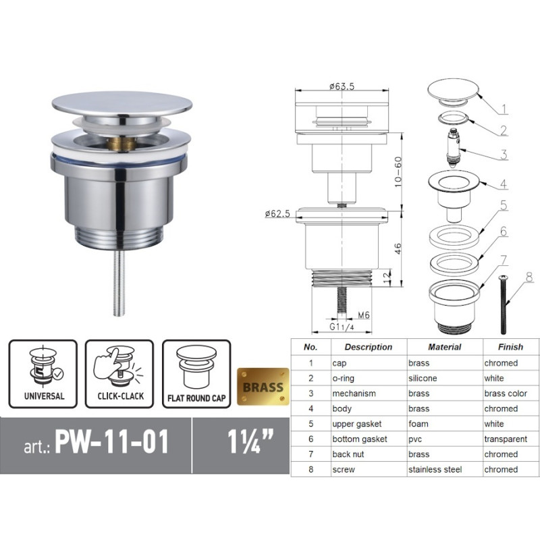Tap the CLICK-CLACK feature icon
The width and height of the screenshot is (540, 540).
coord(119,373)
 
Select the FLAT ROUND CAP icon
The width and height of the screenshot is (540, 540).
coord(196,373)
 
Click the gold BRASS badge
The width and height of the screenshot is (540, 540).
coord(263,387)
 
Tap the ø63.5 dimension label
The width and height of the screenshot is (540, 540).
coord(342,86)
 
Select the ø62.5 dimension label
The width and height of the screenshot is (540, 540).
coord(277,214)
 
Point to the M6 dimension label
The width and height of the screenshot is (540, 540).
coord(364,315)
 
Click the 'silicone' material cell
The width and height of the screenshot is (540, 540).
coord(423,378)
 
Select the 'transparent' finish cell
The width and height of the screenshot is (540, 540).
coord(506,439)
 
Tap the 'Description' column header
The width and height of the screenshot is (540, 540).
coord(368,347)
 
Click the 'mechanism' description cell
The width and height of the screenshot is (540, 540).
coord(354,394)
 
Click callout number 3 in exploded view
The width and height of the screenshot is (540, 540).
coord(504,155)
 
